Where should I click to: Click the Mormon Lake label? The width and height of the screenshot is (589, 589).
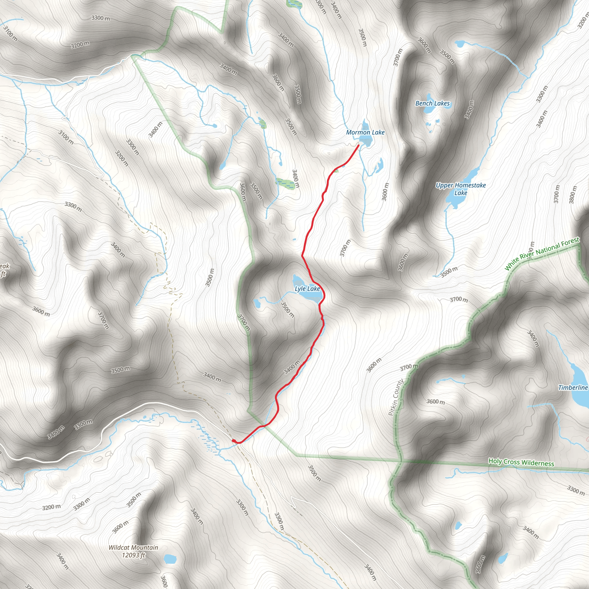coord(365,132)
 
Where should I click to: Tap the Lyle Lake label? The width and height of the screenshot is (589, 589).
coord(307,289)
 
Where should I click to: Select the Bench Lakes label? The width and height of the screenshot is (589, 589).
coord(432,103)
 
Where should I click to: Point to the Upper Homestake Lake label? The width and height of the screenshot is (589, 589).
coord(460,189)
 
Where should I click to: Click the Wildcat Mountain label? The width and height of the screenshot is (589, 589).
coord(133,548)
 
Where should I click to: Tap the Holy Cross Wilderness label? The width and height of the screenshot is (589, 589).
coord(521,462)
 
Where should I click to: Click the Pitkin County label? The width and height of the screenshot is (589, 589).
coord(396,397)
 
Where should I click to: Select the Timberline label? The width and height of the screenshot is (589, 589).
coord(573,387)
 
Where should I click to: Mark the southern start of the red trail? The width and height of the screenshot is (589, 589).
coord(234,441)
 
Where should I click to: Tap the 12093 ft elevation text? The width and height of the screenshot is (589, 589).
coord(133,555)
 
